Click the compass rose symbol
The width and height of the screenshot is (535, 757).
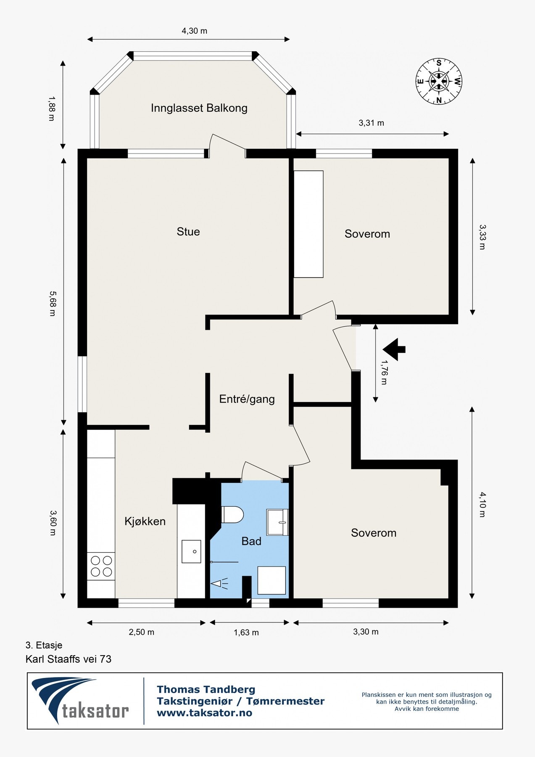pos(439,81)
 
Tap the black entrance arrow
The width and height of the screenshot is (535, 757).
pos(394,349)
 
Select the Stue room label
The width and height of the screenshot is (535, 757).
pos(188,232)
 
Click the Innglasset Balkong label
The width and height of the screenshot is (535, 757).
pos(199,108)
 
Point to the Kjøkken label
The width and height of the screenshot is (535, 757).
pos(145,521)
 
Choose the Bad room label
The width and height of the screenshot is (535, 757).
pos(251,541)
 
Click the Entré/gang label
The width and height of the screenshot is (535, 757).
pos(247,399)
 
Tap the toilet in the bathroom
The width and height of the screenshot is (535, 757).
pos(232,514)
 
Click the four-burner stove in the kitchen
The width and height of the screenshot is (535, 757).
pos(101,566)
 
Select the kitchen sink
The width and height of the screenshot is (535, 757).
pos(191,551)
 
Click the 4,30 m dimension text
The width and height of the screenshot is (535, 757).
pos(194,31)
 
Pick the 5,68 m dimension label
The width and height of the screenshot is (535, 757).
pos(53,303)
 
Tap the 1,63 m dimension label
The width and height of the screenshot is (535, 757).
pos(246,633)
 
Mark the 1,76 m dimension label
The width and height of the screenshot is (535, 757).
pos(384,372)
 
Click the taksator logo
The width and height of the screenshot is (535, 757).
pos(80,701)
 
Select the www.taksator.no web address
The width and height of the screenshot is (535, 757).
pos(204,713)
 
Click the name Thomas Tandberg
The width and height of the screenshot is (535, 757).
pos(206,689)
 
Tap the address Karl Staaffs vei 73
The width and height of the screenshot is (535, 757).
pos(69,659)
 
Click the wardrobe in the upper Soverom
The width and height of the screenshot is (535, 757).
pos(308,224)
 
